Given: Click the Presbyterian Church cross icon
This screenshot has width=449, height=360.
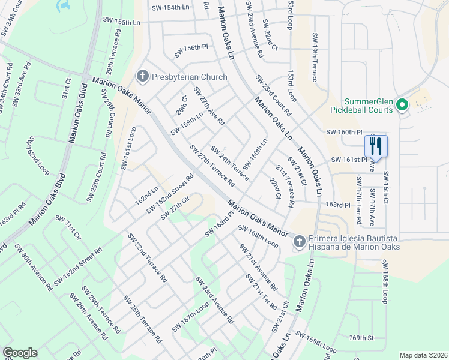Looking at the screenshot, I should (142, 77).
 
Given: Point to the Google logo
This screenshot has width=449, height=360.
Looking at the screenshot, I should (20, 353).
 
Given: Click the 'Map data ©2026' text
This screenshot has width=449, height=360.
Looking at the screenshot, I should (423, 355).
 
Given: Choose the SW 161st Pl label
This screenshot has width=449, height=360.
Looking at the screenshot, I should (349, 160).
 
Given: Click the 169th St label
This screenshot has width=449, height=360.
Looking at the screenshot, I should (362, 338).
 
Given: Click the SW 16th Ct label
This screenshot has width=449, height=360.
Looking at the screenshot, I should (386, 189).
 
